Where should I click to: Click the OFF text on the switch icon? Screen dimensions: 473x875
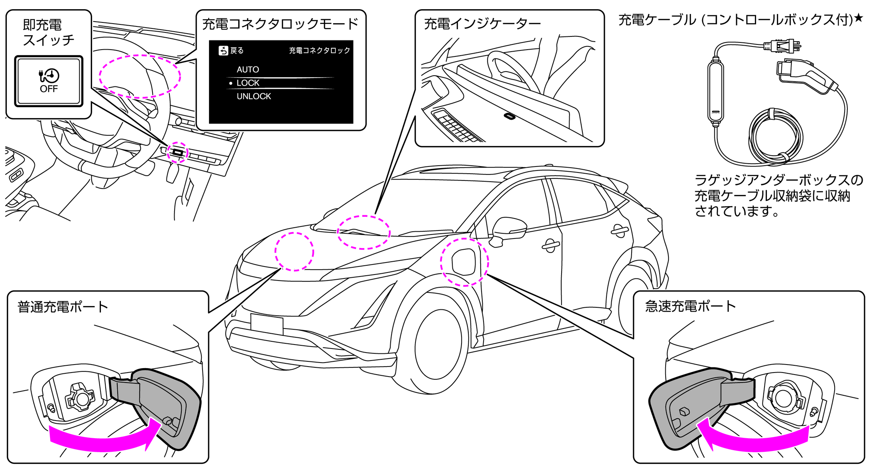click(x=48, y=89)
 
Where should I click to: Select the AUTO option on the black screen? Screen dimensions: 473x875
click(x=247, y=70)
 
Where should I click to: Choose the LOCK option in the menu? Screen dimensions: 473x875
click(x=248, y=83)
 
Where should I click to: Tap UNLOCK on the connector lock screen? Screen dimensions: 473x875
click(x=253, y=96)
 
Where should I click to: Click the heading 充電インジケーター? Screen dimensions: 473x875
click(x=482, y=24)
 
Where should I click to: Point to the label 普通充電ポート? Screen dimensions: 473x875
click(x=63, y=307)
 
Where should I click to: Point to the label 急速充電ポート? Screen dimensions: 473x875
click(x=690, y=307)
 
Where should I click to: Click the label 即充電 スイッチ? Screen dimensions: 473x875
click(x=48, y=32)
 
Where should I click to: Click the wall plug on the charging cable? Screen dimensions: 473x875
click(x=783, y=46)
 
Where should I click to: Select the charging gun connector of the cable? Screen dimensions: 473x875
click(x=805, y=76)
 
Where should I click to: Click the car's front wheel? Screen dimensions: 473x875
click(x=438, y=348)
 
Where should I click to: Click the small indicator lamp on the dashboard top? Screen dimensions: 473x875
click(x=509, y=116)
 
